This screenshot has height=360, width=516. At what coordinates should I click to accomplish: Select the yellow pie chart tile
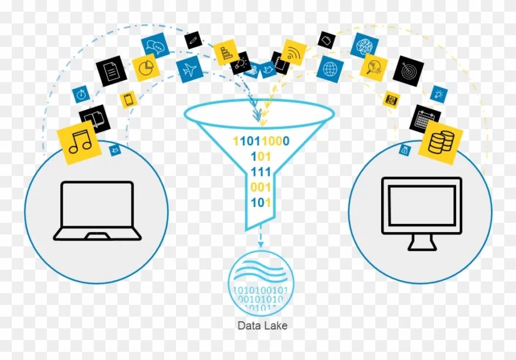(145, 68)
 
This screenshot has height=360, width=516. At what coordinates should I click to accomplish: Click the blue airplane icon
(189, 70)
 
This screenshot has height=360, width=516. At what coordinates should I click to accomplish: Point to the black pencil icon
(193, 40)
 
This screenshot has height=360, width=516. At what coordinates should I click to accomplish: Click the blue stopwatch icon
(81, 93)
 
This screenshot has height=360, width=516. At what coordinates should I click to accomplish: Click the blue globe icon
(330, 69)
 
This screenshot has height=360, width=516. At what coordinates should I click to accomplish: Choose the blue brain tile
(365, 45)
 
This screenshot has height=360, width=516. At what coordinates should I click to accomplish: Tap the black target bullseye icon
(408, 71)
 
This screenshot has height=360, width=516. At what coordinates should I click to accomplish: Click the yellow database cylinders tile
(440, 142)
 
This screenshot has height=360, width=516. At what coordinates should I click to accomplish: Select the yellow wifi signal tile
(293, 52)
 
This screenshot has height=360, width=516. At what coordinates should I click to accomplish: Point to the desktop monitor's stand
(422, 242)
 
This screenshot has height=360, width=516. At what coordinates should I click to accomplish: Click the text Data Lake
(262, 325)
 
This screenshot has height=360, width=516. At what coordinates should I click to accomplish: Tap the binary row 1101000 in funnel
(261, 141)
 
